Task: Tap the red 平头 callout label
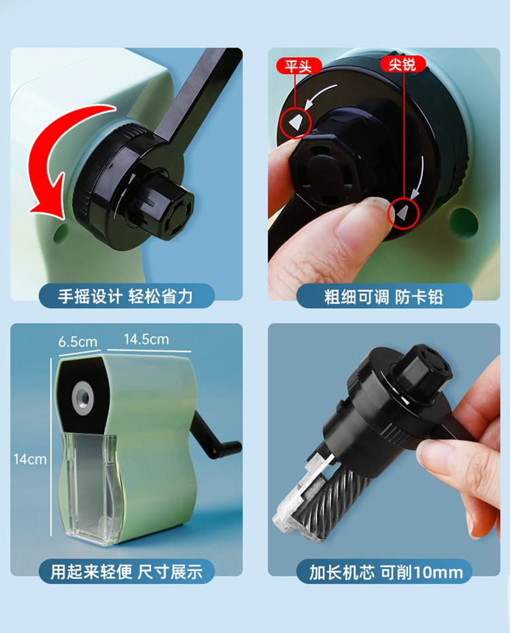299,66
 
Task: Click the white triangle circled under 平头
296,122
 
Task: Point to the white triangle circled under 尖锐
402,213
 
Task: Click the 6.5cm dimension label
78,342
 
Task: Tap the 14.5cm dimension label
146,339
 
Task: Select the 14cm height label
30,459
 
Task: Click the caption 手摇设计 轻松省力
125,296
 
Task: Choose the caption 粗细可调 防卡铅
384,296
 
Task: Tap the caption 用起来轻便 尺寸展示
126,572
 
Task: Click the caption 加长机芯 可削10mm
386,572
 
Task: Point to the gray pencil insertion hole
83,397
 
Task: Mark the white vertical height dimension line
51,447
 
